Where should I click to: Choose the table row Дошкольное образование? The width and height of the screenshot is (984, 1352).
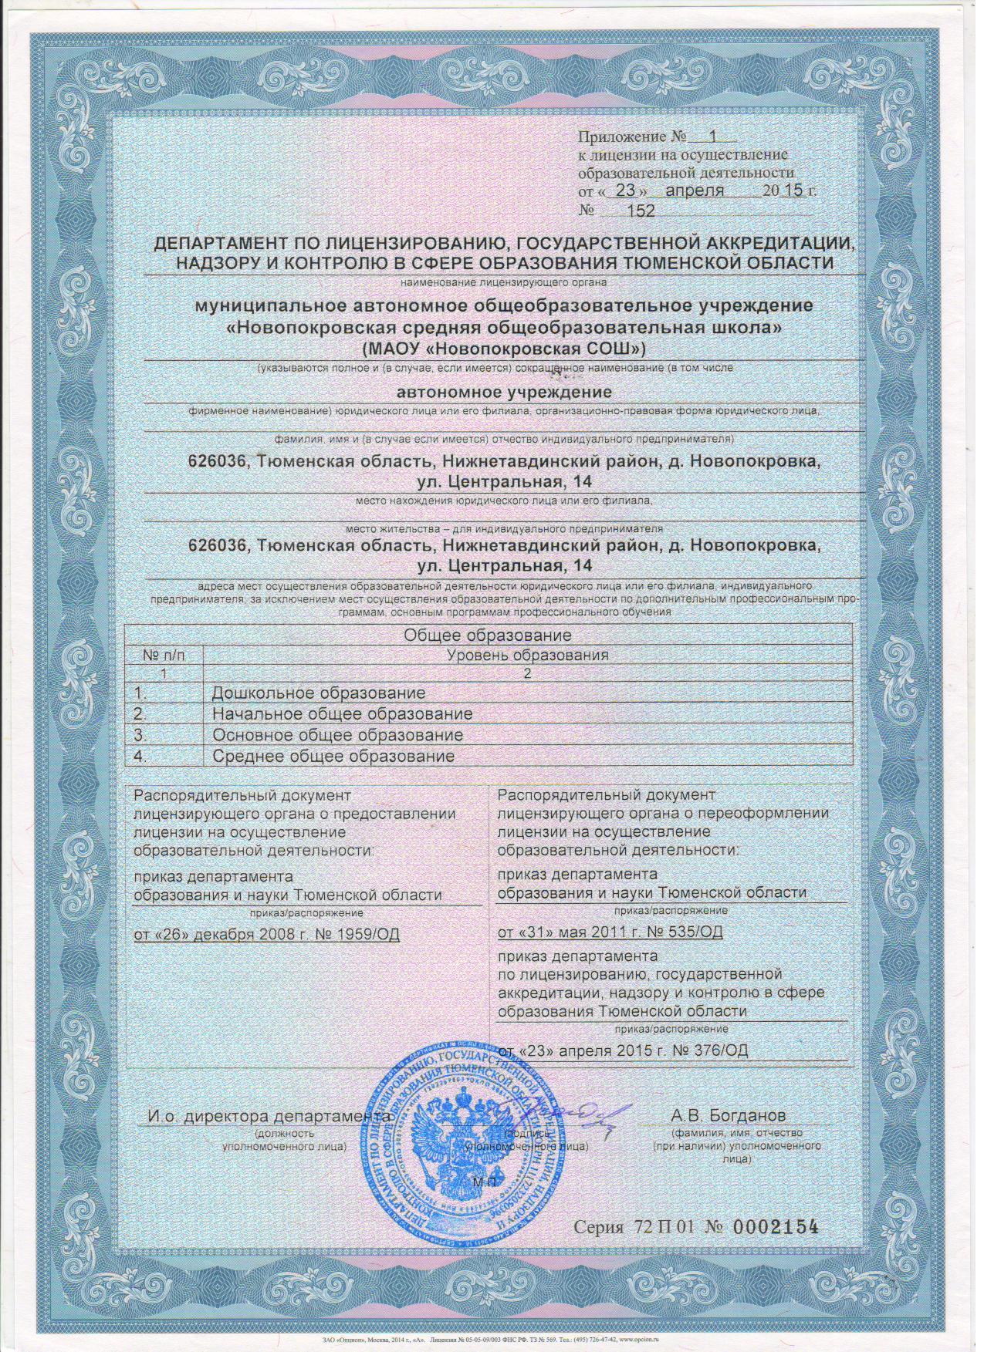pos(319,693)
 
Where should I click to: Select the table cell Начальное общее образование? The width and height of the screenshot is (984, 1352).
pos(342,714)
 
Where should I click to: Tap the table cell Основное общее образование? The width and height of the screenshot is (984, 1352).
pos(337,735)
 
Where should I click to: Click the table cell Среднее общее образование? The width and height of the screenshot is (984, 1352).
pos(333,756)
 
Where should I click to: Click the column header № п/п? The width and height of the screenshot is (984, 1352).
pos(164,656)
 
